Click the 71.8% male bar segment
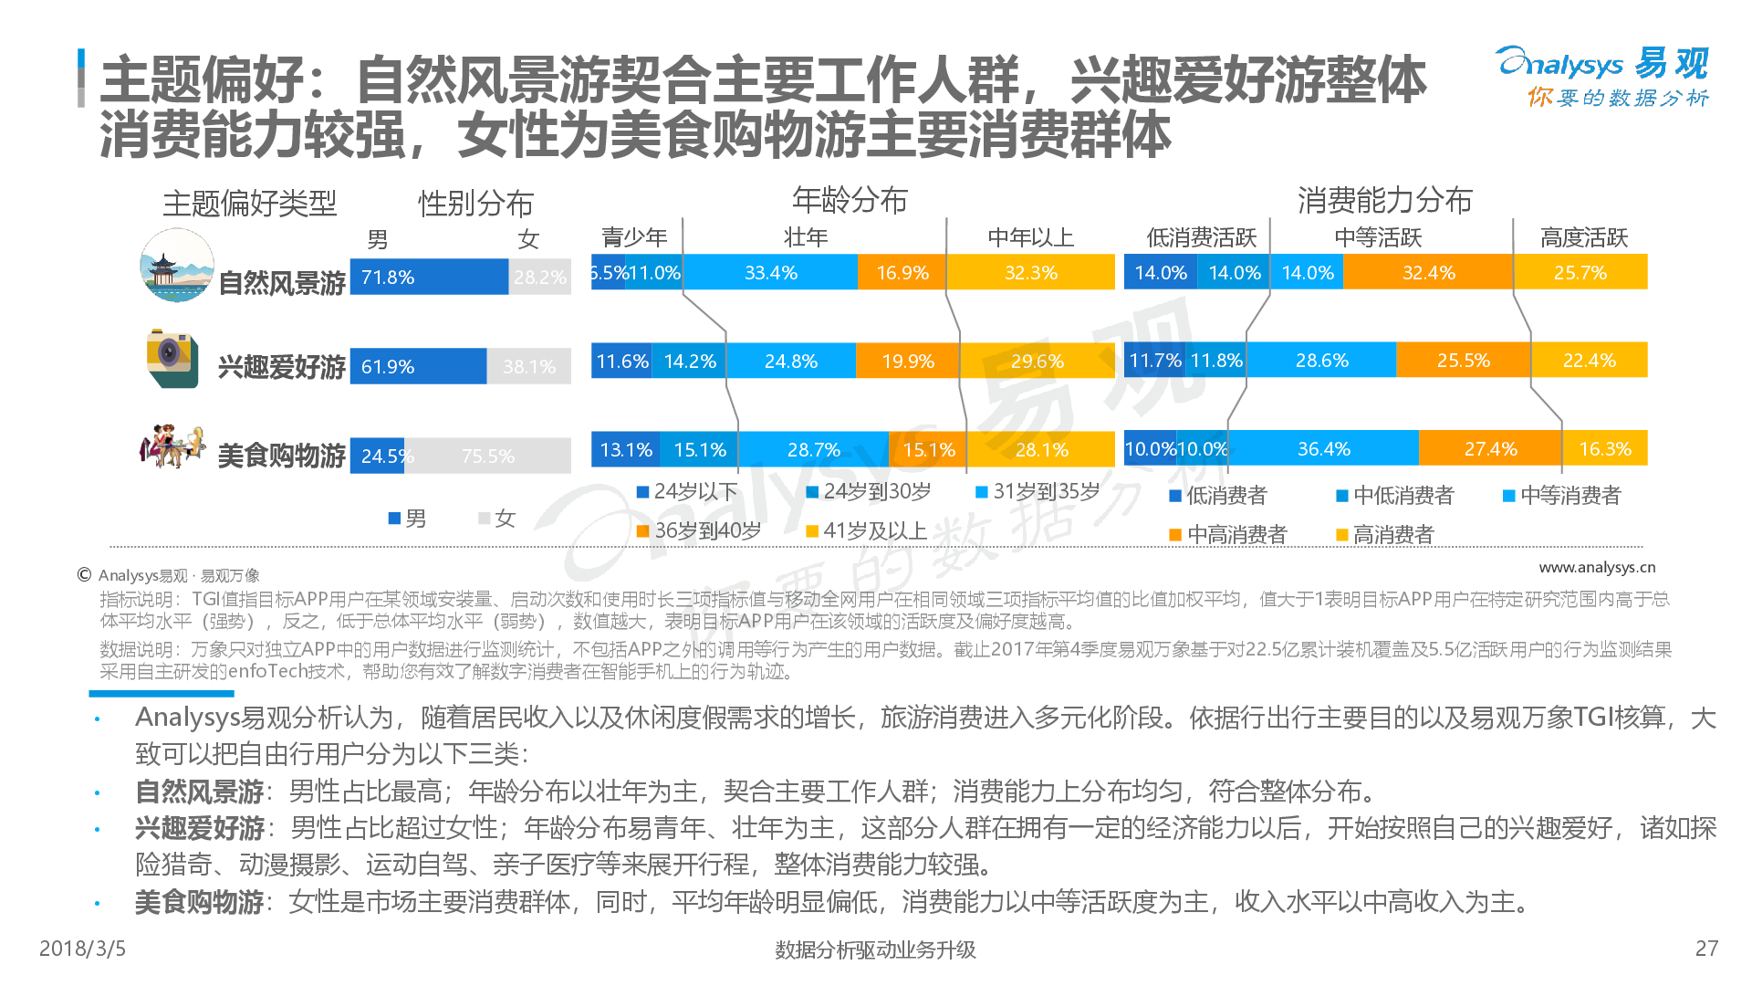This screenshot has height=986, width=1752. [429, 277]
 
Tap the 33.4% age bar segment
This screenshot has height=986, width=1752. [770, 273]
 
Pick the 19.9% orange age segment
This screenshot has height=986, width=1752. [908, 362]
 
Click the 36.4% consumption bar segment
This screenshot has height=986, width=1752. [1323, 449]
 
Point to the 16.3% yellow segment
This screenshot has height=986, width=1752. [1604, 449]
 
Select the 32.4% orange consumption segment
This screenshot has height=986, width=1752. [1428, 273]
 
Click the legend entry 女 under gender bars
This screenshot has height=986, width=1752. [497, 519]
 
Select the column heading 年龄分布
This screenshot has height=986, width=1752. [850, 200]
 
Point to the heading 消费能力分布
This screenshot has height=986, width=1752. [1384, 200]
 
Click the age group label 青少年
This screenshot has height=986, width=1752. [634, 238]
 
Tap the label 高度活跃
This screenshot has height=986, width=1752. [1583, 238]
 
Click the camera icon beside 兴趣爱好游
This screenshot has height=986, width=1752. [172, 358]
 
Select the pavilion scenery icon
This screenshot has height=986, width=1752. [176, 266]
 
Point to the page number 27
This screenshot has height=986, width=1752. [1706, 949]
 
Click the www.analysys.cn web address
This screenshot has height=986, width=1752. [1597, 568]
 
